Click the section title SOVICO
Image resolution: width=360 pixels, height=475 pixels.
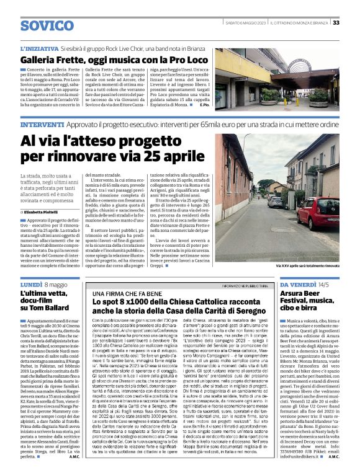46,25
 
